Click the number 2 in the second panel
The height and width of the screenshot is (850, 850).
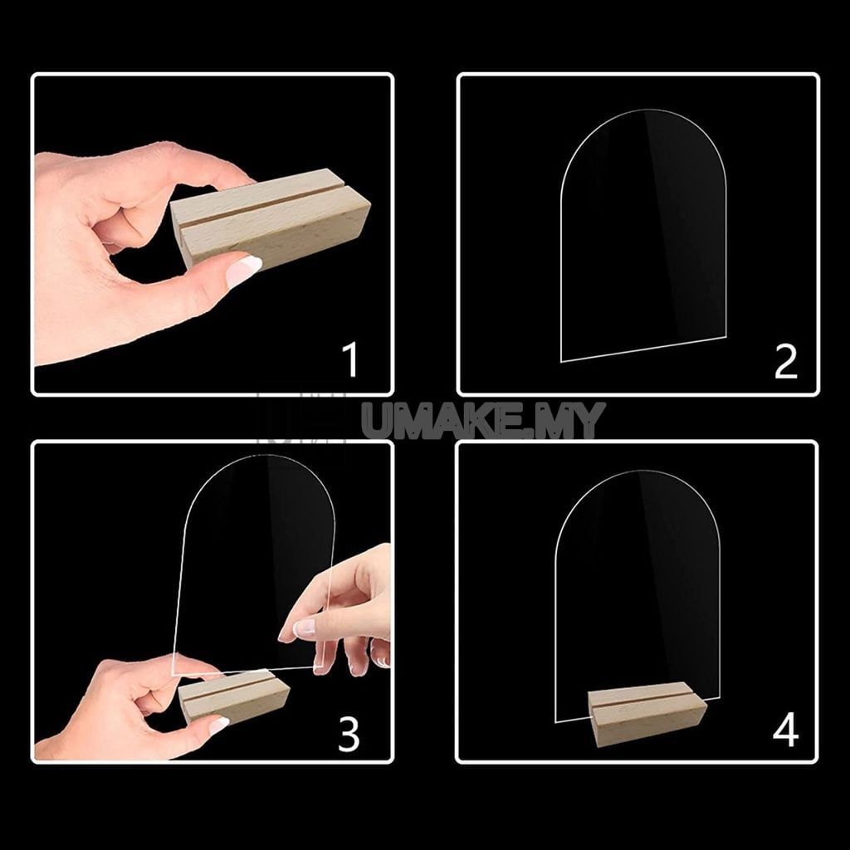coord(785,361)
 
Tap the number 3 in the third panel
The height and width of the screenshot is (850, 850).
coord(349,734)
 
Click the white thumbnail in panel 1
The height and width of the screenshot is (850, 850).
coord(244,270)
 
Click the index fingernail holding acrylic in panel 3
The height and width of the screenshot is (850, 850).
coord(305,628)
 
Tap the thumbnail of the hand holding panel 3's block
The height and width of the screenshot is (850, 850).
coord(218,725)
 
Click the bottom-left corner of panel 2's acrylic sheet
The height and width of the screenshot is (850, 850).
coord(563,361)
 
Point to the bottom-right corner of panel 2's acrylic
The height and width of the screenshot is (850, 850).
coord(725,338)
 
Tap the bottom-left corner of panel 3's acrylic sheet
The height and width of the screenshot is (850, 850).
coord(173,674)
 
